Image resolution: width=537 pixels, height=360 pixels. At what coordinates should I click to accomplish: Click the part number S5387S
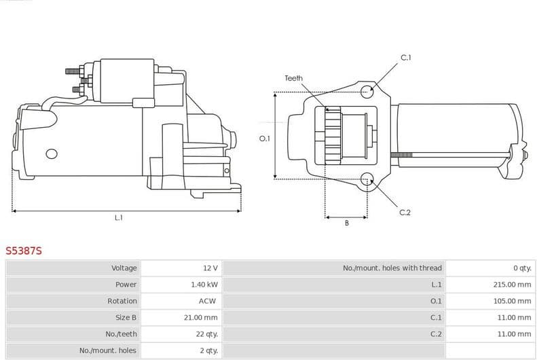[24, 251]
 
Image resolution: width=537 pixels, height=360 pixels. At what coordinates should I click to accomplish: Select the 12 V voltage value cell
[210, 268]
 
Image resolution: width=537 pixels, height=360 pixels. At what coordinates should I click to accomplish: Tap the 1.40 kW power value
[204, 285]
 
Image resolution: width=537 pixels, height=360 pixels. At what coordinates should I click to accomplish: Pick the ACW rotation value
[207, 301]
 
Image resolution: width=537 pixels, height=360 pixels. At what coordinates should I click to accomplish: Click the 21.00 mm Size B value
[202, 317]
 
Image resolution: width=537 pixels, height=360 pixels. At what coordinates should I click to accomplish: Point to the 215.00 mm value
[512, 285]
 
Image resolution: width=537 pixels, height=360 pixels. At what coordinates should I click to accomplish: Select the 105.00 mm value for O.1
[512, 301]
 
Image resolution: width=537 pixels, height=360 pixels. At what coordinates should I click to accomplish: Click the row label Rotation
[122, 301]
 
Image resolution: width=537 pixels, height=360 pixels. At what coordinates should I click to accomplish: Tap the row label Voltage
[124, 268]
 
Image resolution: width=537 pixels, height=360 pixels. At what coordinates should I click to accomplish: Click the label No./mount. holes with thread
[392, 268]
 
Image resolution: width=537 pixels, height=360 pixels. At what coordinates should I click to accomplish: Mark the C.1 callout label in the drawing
[405, 58]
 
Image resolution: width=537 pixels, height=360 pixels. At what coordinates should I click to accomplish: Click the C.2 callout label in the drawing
[405, 213]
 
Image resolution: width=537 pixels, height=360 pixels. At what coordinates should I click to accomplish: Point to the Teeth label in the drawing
[293, 79]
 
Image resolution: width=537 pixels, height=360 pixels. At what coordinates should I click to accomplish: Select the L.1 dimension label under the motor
[118, 218]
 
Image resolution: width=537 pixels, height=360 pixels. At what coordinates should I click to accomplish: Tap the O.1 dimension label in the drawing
[265, 139]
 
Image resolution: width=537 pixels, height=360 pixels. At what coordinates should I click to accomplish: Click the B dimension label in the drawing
[346, 223]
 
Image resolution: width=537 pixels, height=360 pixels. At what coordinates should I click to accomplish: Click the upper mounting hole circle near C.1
[367, 91]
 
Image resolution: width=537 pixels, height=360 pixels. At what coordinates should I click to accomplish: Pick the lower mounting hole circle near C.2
[367, 179]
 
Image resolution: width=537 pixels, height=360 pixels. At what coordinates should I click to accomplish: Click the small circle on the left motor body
[51, 154]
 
